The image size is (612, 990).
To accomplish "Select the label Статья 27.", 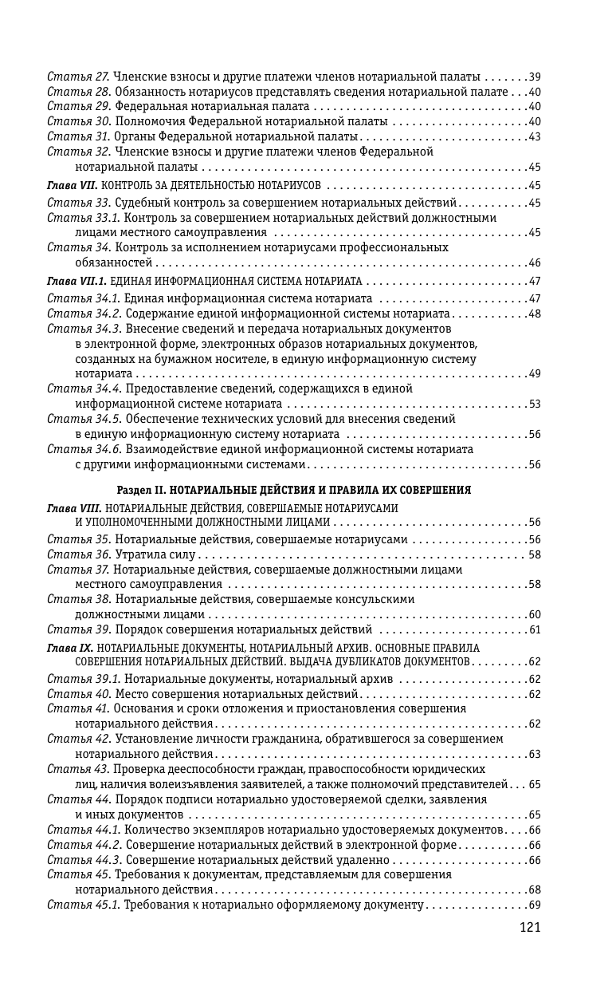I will [x=78, y=77].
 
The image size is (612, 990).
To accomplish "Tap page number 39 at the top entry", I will [x=535, y=77].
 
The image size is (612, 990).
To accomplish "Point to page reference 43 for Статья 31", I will [x=535, y=136].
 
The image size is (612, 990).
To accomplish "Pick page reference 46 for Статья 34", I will [x=535, y=262].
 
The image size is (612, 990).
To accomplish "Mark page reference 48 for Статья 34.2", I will [x=535, y=314].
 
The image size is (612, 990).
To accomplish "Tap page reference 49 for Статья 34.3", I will [x=535, y=373].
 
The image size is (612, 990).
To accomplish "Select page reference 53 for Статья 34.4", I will [x=535, y=404].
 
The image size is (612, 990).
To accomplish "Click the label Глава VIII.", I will [x=74, y=507].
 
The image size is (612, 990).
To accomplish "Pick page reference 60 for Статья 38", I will [x=535, y=614].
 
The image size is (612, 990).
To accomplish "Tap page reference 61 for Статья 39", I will [x=535, y=630].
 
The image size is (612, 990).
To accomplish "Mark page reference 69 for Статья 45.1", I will [x=535, y=905].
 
